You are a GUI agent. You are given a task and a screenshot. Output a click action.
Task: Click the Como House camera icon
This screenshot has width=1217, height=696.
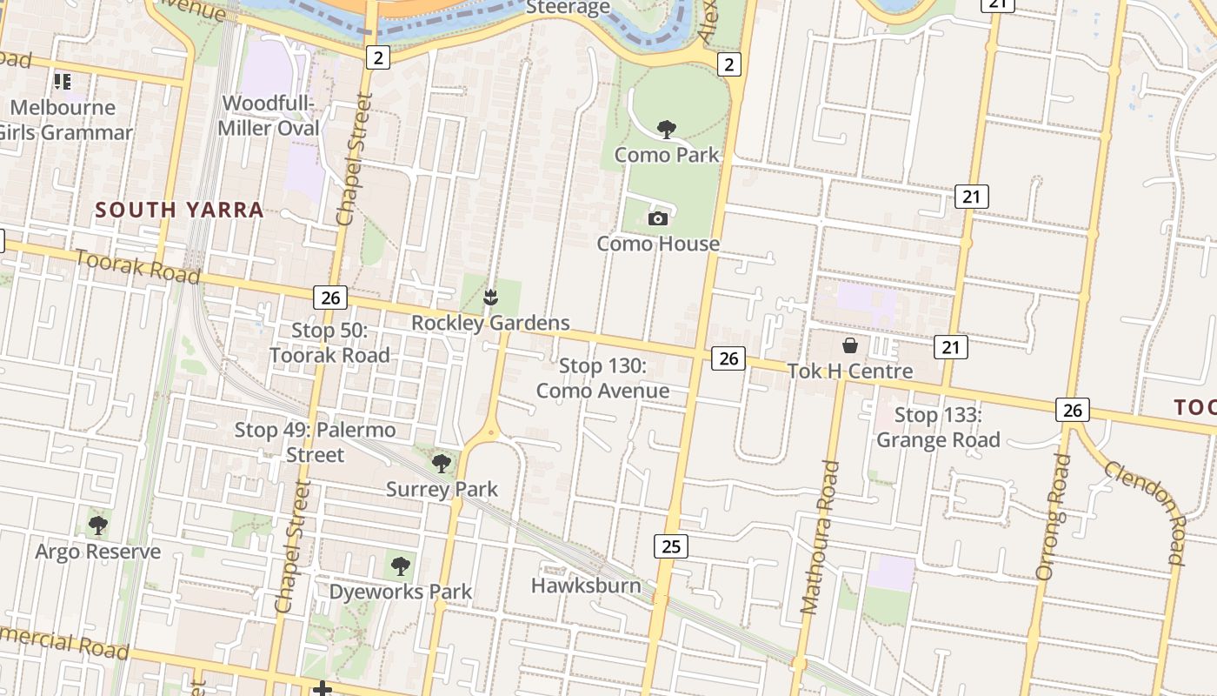click(x=658, y=218)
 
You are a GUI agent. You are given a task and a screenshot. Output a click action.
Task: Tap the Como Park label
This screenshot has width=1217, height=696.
click(x=667, y=155)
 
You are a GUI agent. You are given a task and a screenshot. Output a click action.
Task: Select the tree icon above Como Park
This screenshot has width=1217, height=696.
click(x=667, y=130)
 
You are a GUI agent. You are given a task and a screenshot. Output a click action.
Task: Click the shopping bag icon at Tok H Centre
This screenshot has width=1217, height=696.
click(x=850, y=345)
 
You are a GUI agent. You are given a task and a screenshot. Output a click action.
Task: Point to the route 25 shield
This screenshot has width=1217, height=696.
click(x=670, y=546)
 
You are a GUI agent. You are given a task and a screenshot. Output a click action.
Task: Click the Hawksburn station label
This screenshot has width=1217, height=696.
click(x=586, y=586)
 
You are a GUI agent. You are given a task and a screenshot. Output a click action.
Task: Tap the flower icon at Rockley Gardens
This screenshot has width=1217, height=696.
click(x=491, y=298)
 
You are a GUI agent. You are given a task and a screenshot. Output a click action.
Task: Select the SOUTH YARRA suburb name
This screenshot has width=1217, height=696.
click(x=179, y=210)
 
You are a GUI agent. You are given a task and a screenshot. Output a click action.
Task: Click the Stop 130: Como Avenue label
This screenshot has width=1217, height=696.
click(x=602, y=378)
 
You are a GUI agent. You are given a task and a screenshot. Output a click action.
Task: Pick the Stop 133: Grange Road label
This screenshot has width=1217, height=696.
click(x=938, y=427)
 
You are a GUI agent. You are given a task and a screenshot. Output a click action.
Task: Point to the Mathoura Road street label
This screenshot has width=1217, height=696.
click(x=820, y=538)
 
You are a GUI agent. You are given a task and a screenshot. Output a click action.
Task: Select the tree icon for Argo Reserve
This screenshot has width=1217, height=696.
click(x=97, y=525)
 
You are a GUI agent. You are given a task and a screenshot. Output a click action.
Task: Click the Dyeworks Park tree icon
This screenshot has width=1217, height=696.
click(x=400, y=567)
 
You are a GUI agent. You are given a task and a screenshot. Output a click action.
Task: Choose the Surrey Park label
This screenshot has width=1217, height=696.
click(x=442, y=489)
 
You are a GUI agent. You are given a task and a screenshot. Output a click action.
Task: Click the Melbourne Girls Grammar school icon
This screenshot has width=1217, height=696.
click(x=62, y=82)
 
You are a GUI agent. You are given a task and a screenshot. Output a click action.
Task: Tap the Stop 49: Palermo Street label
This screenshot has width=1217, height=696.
click(x=315, y=442)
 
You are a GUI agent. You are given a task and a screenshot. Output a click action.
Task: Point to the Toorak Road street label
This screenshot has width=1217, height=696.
click(x=137, y=266)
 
